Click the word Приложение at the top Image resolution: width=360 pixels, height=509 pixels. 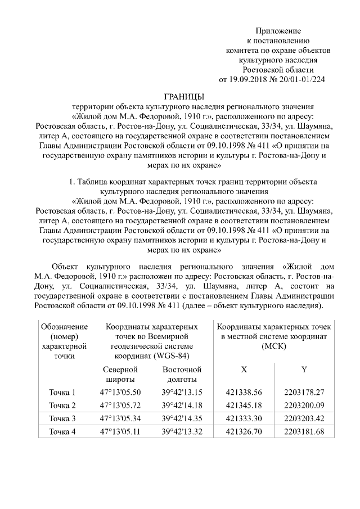tap(278, 30)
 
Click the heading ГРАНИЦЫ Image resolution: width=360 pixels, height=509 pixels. tap(179, 96)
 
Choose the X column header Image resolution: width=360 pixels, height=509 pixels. tap(244, 370)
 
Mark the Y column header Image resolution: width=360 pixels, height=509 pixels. tap(304, 370)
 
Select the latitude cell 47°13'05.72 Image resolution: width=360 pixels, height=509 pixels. tap(120, 405)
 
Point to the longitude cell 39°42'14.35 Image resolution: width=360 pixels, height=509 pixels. tap(182, 418)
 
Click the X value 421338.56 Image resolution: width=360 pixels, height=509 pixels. tap(244, 392)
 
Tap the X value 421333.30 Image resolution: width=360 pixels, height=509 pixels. tap(244, 418)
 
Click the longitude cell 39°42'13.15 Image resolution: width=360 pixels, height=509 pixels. tap(182, 392)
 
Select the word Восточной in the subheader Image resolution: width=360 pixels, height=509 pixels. tap(182, 370)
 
